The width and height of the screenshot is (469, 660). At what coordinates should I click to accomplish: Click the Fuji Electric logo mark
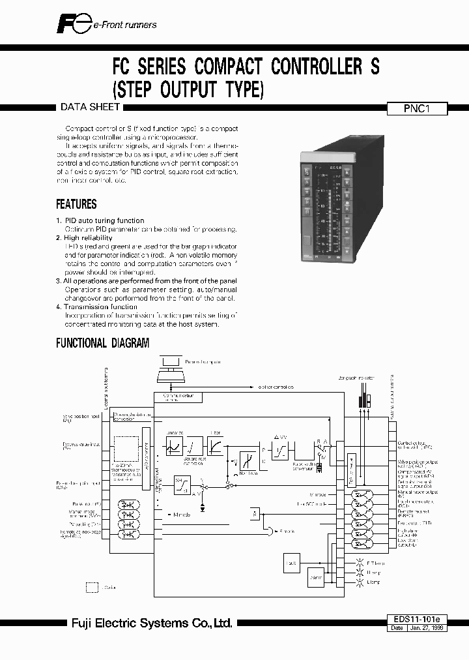[x=65, y=24]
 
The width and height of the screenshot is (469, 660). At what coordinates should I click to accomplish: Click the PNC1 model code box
[x=417, y=110]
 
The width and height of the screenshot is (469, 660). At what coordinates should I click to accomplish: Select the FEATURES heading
[x=76, y=204]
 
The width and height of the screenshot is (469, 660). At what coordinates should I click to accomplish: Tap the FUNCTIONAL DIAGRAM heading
[x=102, y=343]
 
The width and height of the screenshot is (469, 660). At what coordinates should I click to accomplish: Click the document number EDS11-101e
[x=417, y=618]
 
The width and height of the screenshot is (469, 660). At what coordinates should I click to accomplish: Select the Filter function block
[x=215, y=445]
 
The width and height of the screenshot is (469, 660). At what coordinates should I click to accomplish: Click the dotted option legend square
[x=92, y=588]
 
